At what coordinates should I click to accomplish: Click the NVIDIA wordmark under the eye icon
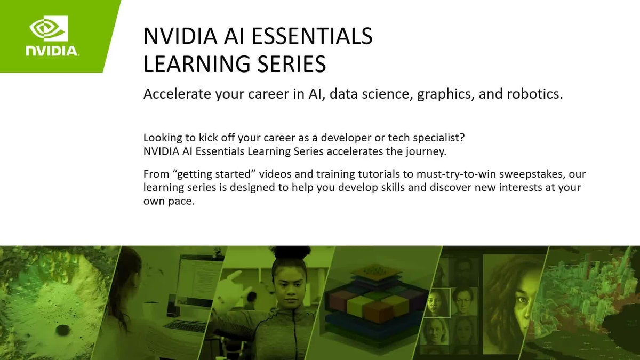tap(52, 52)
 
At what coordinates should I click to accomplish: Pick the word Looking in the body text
tap(161, 138)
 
